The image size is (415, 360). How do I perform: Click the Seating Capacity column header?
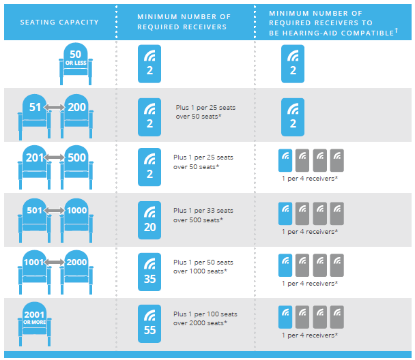pyautogui.click(x=59, y=22)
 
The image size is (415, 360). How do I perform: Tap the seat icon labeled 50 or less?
pyautogui.click(x=76, y=63)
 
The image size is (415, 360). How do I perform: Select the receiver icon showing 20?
pyautogui.click(x=149, y=220)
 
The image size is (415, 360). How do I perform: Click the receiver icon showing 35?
pyautogui.click(x=149, y=272)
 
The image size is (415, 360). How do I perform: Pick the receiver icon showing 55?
pyautogui.click(x=149, y=324)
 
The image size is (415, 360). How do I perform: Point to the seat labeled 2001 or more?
pyautogui.click(x=34, y=324)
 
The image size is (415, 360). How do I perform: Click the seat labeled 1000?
pyautogui.click(x=76, y=220)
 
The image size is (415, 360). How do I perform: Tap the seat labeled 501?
pyautogui.click(x=34, y=220)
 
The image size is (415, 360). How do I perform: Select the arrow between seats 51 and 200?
pyautogui.click(x=54, y=107)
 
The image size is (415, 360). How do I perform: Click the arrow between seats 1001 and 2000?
pyautogui.click(x=54, y=262)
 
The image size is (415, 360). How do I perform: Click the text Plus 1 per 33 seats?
pyautogui.click(x=203, y=211)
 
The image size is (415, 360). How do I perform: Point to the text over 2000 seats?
pyautogui.click(x=200, y=323)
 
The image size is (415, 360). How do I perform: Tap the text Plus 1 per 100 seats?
pyautogui.click(x=205, y=314)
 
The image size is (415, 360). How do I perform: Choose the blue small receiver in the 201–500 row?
pyautogui.click(x=285, y=160)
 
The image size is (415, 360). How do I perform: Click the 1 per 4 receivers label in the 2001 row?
pyautogui.click(x=310, y=335)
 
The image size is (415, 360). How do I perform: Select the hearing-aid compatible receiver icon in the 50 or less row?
pyautogui.click(x=293, y=63)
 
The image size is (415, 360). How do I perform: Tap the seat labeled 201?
pyautogui.click(x=34, y=168)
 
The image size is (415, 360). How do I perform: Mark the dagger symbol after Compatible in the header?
pyautogui.click(x=396, y=31)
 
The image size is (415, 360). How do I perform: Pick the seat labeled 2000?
pyautogui.click(x=76, y=272)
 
